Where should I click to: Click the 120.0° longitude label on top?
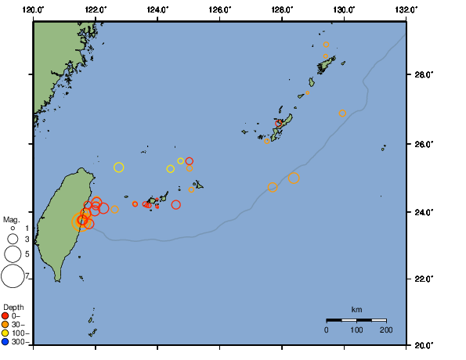(x=33, y=9)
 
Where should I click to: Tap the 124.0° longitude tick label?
(x=157, y=9)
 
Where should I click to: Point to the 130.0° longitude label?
(x=344, y=9)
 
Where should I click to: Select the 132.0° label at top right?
(x=406, y=9)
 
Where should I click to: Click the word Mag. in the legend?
(x=11, y=220)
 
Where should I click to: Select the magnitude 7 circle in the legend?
(x=13, y=275)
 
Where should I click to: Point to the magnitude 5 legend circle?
(x=13, y=254)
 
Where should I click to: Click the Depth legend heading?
(x=13, y=306)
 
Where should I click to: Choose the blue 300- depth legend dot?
(x=5, y=342)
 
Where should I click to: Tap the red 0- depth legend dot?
(x=5, y=315)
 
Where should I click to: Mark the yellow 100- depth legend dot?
(x=5, y=333)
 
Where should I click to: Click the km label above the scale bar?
(x=356, y=310)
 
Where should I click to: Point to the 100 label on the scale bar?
(x=356, y=330)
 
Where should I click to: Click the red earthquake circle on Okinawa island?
(x=279, y=124)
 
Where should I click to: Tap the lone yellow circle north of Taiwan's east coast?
(x=119, y=167)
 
